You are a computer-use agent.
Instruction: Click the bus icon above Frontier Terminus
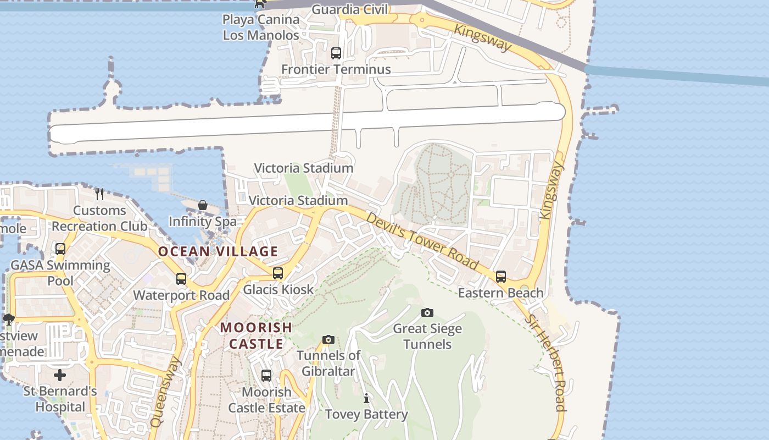336,53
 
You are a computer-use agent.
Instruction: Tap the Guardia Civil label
350,9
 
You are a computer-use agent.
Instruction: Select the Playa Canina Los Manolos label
261,28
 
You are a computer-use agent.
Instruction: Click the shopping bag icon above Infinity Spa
203,205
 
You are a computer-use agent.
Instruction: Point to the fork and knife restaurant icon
99,194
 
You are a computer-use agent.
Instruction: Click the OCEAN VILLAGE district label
218,251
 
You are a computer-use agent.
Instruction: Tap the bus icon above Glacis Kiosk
278,273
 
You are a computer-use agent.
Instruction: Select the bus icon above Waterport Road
181,279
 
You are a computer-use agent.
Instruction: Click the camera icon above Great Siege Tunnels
427,312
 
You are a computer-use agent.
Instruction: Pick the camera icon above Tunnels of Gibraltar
328,339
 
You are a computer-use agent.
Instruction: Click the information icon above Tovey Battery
366,398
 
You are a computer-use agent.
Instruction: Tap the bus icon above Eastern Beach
501,276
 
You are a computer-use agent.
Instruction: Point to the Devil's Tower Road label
422,240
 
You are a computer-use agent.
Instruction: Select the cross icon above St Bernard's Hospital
60,375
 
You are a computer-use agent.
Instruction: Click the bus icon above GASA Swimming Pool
60,249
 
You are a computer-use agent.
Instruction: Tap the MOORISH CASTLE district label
256,335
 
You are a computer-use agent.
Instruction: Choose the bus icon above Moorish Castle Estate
266,376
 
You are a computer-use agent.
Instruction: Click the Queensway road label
165,392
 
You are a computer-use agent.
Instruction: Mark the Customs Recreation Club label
99,218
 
